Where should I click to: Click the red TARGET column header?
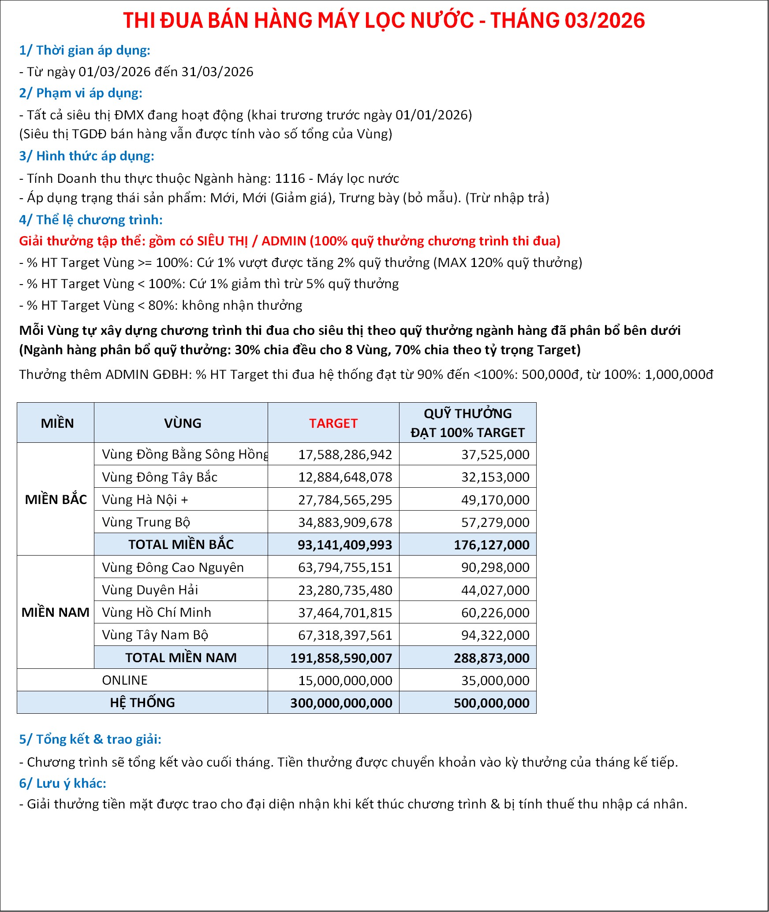coord(333,423)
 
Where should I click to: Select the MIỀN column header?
coord(57,423)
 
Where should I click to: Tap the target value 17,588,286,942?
coord(345,454)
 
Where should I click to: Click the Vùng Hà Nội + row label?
coord(145,500)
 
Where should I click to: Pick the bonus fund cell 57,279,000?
coord(495,522)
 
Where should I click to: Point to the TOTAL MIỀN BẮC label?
coord(181,545)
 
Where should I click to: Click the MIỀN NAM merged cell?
coord(56,612)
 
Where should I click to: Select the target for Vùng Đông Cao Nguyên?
coord(345,567)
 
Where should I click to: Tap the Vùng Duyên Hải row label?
coord(150,590)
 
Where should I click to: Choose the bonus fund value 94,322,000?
coord(495,635)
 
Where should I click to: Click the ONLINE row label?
coord(125,680)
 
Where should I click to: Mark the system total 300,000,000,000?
coord(341,703)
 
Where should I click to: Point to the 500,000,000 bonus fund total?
coord(491,703)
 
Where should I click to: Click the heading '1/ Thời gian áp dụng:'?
coord(85,50)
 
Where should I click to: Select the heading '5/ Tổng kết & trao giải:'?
coord(90,739)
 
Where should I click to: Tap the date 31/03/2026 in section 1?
coord(217,72)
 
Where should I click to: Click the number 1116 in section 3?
coord(290,178)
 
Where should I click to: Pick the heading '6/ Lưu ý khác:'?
coord(63,783)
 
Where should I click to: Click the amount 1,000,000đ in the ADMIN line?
coord(679,374)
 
